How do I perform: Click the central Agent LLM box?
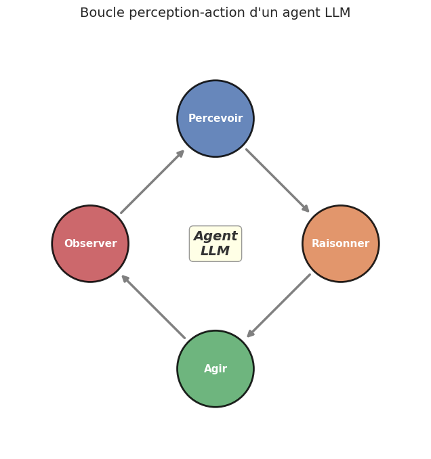click(215, 244)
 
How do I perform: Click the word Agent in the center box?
click(215, 236)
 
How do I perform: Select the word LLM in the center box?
click(215, 251)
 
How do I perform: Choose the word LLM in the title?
click(337, 13)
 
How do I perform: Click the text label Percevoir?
click(215, 118)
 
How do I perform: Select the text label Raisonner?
click(340, 244)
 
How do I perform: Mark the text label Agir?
click(215, 369)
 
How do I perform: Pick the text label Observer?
click(90, 244)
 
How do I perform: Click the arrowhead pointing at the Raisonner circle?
click(306, 209)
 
